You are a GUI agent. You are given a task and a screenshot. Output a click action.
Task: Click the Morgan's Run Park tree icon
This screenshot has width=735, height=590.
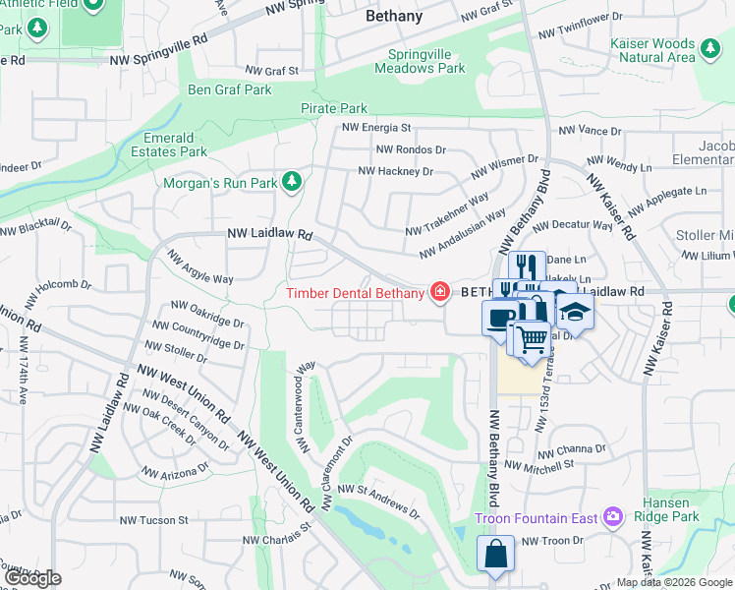click(x=291, y=181)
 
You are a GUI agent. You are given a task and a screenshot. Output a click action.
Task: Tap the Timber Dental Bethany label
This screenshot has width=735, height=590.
click(x=355, y=292)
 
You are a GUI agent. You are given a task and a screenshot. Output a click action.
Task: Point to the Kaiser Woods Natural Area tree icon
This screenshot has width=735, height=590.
click(x=708, y=45)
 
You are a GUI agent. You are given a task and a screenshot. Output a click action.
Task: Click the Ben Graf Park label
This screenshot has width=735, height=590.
click(x=229, y=90)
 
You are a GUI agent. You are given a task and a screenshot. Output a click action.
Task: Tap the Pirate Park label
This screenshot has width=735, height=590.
click(x=334, y=109)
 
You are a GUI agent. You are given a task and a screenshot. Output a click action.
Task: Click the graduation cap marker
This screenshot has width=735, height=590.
click(x=575, y=313)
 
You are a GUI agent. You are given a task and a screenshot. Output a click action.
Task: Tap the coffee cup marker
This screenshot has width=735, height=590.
click(x=500, y=317)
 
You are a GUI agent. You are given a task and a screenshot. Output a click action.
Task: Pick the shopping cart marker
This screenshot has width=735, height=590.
click(x=532, y=338)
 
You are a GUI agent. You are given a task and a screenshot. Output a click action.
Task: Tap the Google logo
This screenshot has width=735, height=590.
click(x=32, y=578)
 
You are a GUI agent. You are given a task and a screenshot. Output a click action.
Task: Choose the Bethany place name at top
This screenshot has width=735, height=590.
click(x=393, y=16)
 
